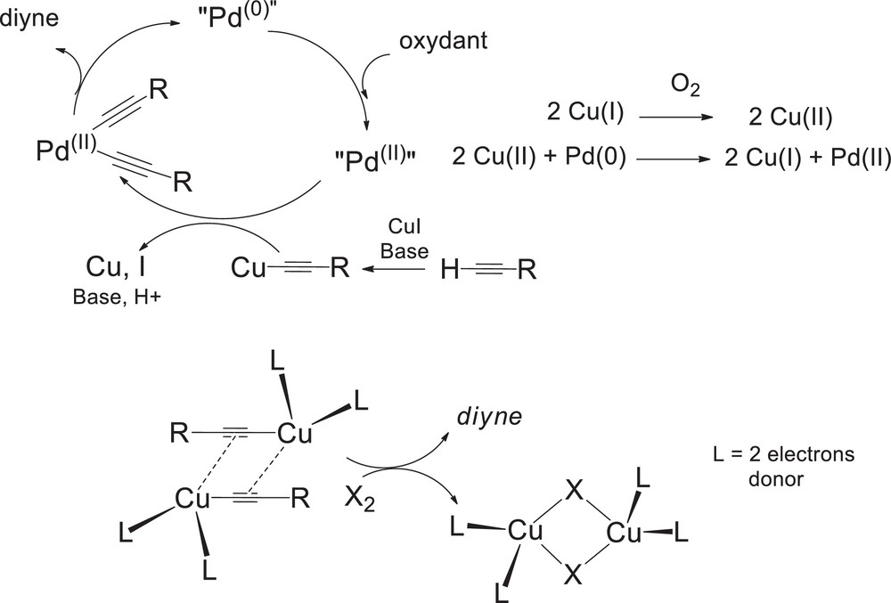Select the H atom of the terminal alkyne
coord(451,267)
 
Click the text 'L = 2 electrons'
coord(779,455)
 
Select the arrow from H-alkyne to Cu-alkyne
coord(398,266)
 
